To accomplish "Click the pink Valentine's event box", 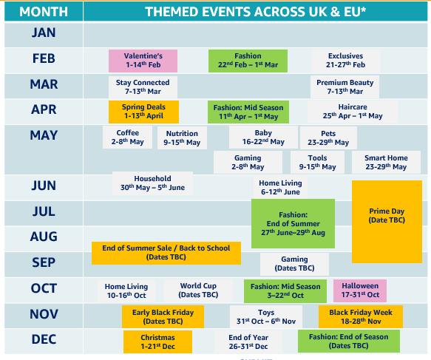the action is (x=143, y=61).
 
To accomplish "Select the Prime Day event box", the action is (x=387, y=222).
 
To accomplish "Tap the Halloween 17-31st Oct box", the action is (x=360, y=291).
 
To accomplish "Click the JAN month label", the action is (x=44, y=33).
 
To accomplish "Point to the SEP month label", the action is (x=44, y=262).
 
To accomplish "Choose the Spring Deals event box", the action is (x=143, y=112).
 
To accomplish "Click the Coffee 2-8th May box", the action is (x=128, y=137).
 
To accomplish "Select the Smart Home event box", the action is (x=386, y=162).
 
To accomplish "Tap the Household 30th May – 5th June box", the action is (x=152, y=183).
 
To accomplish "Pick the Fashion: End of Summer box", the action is (x=293, y=223).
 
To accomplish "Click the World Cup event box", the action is (x=198, y=291).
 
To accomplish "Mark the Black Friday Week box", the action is (x=361, y=316).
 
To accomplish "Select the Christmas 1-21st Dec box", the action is (x=157, y=342).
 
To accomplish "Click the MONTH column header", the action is (x=44, y=12).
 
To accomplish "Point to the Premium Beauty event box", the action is (x=345, y=86).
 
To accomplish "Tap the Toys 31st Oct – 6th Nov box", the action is (x=266, y=316).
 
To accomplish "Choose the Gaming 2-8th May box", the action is (x=248, y=162).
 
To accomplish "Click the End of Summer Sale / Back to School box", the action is (x=166, y=253).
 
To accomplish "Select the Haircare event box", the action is (x=353, y=112).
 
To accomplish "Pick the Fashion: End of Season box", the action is (x=348, y=341).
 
